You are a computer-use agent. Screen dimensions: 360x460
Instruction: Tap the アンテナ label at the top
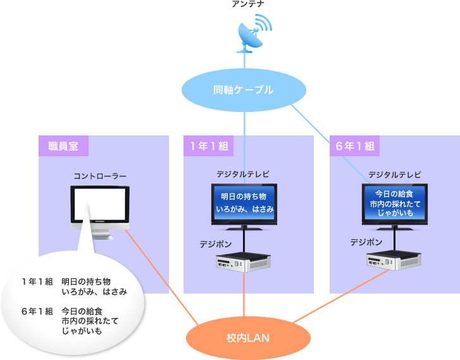click(248, 5)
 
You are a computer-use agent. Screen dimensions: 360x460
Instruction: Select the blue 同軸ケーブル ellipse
click(244, 90)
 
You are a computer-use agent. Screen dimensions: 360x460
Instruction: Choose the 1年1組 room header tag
click(208, 146)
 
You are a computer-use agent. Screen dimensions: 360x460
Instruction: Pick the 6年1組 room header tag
click(354, 146)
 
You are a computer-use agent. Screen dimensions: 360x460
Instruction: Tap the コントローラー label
click(100, 176)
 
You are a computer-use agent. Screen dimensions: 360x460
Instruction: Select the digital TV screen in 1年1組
click(244, 202)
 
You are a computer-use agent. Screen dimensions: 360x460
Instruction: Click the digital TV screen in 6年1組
click(395, 202)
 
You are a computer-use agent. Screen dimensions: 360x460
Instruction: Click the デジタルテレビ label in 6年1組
click(395, 175)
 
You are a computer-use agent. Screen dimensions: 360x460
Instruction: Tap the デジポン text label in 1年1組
click(215, 244)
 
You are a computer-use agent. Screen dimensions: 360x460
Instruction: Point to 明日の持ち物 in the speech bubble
click(86, 281)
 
